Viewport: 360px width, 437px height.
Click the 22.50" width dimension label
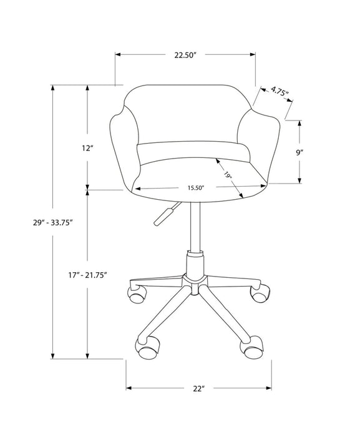pyautogui.click(x=185, y=55)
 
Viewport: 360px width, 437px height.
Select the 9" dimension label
pyautogui.click(x=317, y=152)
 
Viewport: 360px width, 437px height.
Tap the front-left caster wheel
pyautogui.click(x=148, y=347)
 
